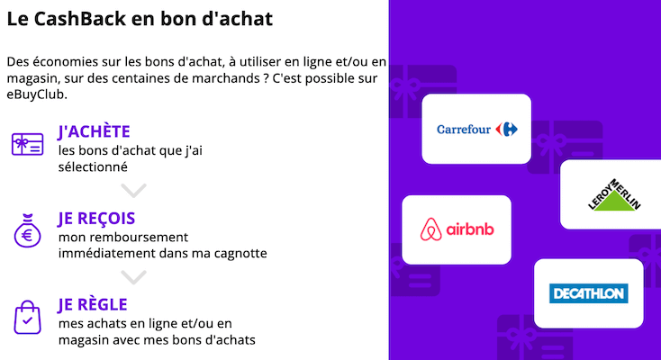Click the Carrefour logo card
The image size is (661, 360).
(x=476, y=129)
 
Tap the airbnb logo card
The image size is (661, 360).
(x=457, y=229)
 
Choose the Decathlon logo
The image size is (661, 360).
(x=588, y=293)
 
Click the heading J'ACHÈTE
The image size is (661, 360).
(x=94, y=132)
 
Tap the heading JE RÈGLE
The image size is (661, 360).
(x=92, y=305)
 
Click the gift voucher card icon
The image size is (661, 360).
(x=27, y=144)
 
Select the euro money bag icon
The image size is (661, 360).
(x=27, y=231)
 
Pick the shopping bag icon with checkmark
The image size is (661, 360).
(x=27, y=317)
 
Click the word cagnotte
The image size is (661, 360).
(x=237, y=253)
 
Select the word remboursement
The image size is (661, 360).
(x=134, y=237)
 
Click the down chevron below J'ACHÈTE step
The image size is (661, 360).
(x=133, y=190)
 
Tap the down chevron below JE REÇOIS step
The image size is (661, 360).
(x=133, y=276)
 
